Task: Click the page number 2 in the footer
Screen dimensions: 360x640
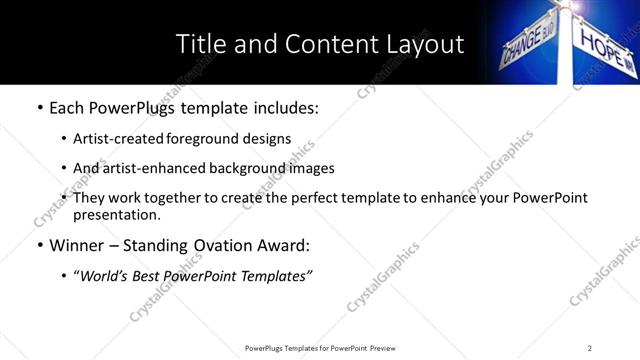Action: click(590, 348)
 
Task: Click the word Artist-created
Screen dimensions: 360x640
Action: click(113, 139)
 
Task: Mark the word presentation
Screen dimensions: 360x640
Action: click(116, 214)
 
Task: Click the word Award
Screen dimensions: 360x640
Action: click(286, 245)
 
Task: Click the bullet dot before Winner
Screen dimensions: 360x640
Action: click(38, 245)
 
